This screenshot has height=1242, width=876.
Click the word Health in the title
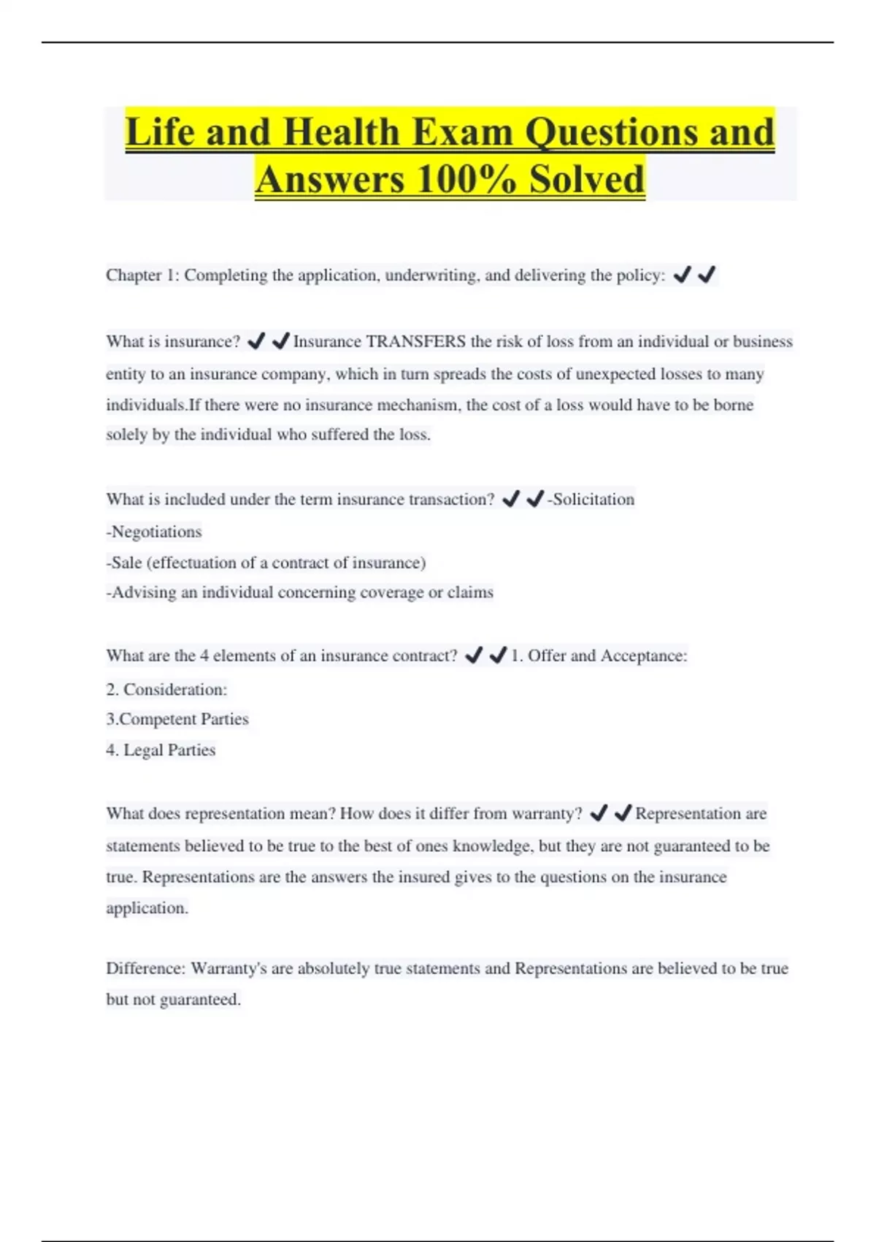pos(342,133)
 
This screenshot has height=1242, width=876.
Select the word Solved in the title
pos(587,180)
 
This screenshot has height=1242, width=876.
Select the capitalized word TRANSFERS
pos(415,342)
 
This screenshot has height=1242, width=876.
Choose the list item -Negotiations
pos(154,532)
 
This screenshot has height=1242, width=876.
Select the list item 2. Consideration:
pos(166,690)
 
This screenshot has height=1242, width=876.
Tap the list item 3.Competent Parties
pos(177,720)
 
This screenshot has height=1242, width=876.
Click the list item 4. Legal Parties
pos(161,750)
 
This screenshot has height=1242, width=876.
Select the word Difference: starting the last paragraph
pos(145,969)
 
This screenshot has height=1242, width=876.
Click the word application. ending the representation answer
pos(147,909)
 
